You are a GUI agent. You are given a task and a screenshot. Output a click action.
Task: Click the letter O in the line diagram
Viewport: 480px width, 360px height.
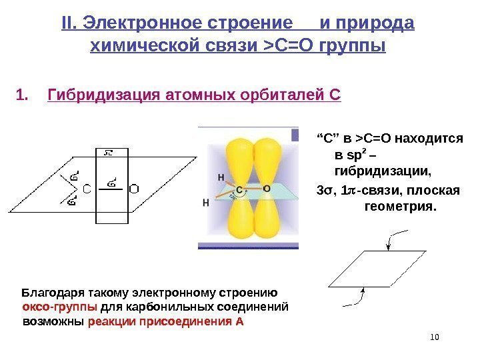click(133, 189)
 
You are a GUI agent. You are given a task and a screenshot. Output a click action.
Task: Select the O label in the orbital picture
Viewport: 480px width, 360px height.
click(267, 189)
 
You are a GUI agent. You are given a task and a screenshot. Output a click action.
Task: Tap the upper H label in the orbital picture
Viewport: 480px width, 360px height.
click(221, 177)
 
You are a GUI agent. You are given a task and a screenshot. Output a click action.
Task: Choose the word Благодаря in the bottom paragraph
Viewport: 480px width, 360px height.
click(50, 293)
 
